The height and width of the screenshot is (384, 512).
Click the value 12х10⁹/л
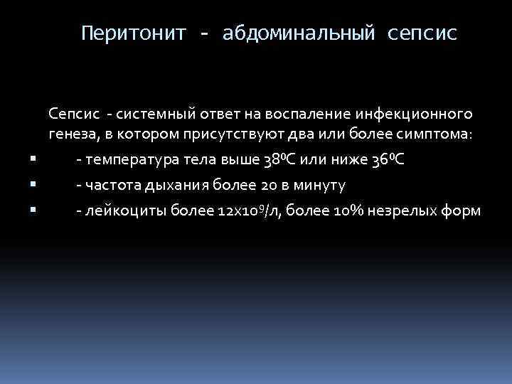coord(218,211)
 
